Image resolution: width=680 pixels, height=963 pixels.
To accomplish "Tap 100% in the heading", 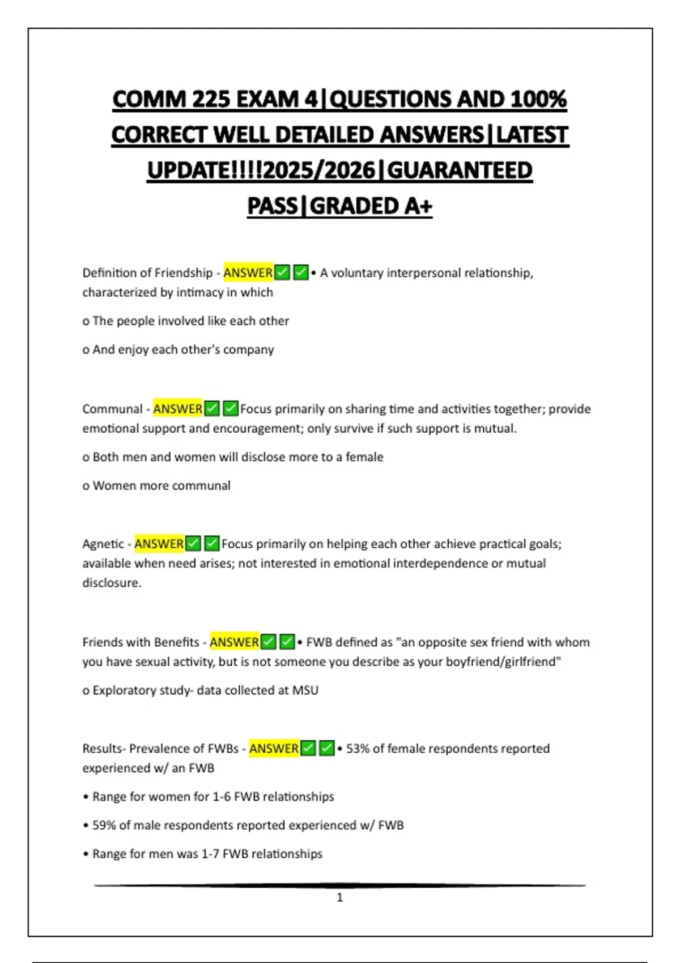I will click(x=538, y=100).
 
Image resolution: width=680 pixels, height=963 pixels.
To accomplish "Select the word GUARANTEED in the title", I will click(x=460, y=171).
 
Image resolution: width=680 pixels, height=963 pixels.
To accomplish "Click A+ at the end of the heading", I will click(x=418, y=206).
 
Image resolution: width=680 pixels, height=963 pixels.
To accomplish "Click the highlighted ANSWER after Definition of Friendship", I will click(x=248, y=273).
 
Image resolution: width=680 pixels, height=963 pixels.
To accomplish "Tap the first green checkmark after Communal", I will click(x=212, y=408).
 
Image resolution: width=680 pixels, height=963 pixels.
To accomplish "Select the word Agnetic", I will click(x=103, y=544).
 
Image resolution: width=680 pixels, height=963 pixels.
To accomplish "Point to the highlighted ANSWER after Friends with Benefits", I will click(x=234, y=642).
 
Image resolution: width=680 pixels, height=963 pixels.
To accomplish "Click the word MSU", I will click(x=305, y=691).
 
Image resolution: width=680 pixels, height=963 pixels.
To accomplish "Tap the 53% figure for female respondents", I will click(x=357, y=749).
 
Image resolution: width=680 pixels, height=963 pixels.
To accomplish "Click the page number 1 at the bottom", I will click(x=339, y=897).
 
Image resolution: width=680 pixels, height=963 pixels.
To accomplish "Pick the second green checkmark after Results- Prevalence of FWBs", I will click(x=327, y=748).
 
